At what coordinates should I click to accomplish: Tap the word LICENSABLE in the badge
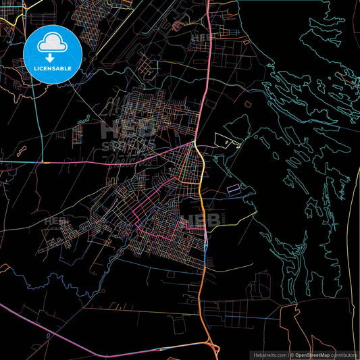pyautogui.click(x=52, y=68)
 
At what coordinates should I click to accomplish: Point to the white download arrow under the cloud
pyautogui.click(x=50, y=57)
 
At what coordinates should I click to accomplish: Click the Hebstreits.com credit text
pyautogui.click(x=269, y=355)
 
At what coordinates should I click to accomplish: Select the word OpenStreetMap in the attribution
pyautogui.click(x=315, y=355)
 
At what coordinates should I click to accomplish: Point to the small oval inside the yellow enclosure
pyautogui.click(x=236, y=143)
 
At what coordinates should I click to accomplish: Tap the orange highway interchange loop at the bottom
pyautogui.click(x=213, y=349)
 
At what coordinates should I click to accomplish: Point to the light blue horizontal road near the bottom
pyautogui.click(x=243, y=318)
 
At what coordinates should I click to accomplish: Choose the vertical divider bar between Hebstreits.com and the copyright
pyautogui.click(x=288, y=355)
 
